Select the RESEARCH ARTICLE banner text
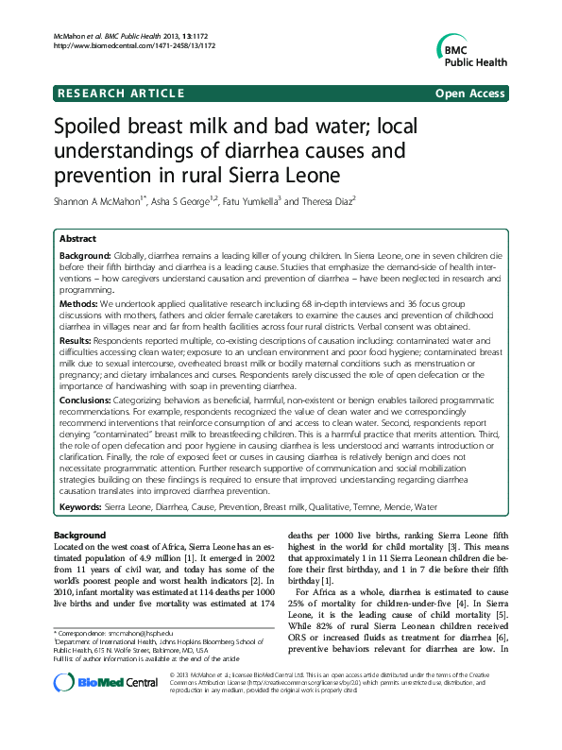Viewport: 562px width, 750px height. pyautogui.click(x=121, y=94)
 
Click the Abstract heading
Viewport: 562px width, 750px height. pyautogui.click(x=77, y=240)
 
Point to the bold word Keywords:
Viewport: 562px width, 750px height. pyautogui.click(x=81, y=507)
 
